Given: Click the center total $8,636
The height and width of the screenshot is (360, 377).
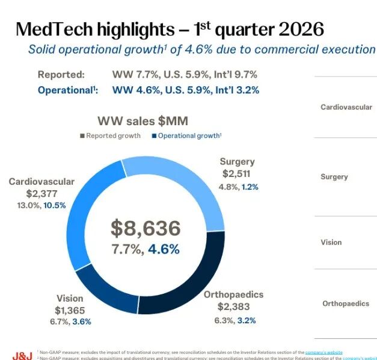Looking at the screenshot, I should click(x=146, y=228).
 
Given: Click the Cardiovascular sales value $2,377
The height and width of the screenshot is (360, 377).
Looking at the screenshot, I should click(x=41, y=193).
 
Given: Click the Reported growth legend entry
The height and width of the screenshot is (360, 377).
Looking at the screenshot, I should click(x=110, y=135).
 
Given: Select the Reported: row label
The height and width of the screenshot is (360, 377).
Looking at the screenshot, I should click(x=61, y=75).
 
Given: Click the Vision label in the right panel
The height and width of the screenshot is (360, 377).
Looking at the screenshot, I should click(x=331, y=242).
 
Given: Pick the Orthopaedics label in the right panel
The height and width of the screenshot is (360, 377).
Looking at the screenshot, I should click(x=345, y=303).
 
